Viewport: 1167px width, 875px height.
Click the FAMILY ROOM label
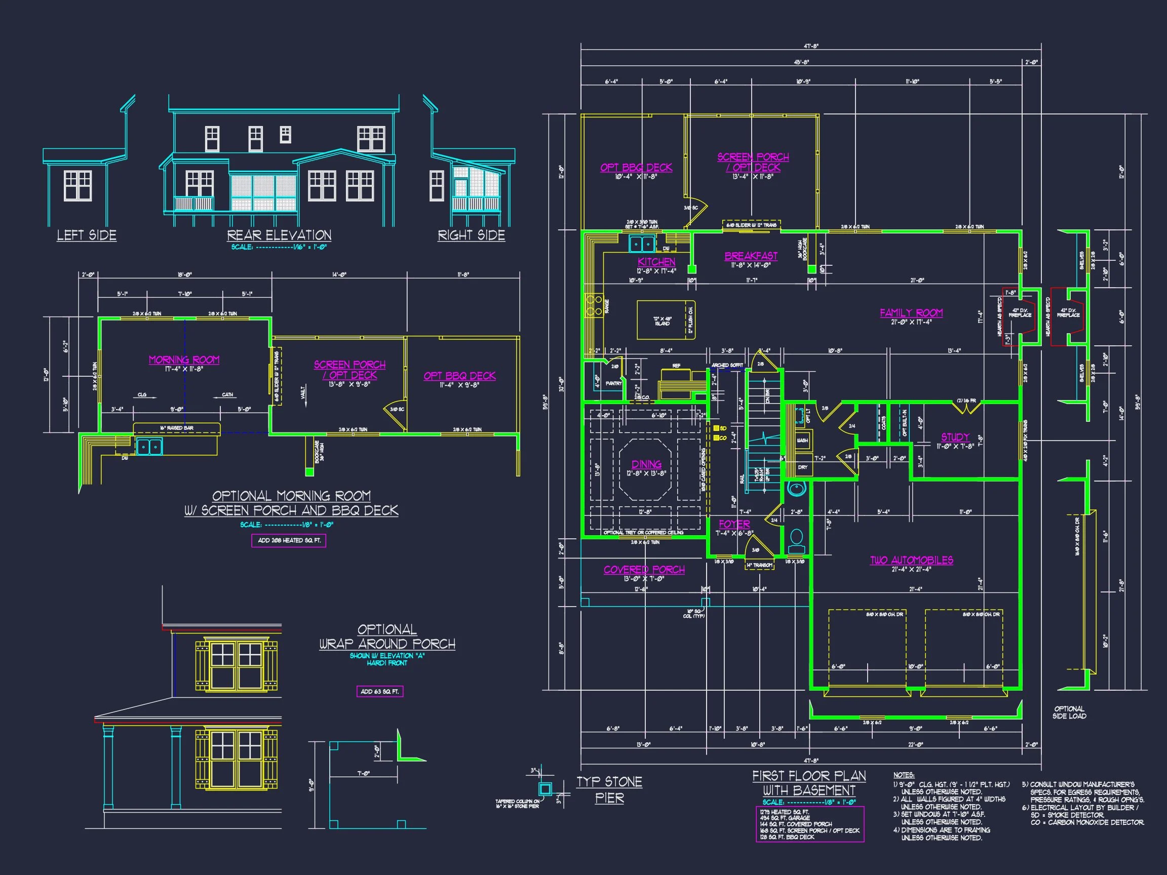pos(911,313)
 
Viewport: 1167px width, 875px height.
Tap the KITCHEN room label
pos(656,262)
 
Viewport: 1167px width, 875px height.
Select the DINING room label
pos(646,464)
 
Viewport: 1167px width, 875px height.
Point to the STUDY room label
pos(955,437)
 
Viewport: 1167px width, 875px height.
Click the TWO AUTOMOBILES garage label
pos(911,560)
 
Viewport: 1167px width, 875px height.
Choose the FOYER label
pos(734,524)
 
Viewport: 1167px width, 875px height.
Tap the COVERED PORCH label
pos(644,570)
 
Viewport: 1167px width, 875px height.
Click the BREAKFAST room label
pos(751,256)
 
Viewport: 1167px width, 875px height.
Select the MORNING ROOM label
pos(184,360)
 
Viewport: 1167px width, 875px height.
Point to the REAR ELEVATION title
pos(279,235)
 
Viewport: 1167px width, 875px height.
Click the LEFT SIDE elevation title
pos(87,235)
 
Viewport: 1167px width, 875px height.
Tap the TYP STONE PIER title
pos(609,789)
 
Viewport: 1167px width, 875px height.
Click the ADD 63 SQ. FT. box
pos(380,692)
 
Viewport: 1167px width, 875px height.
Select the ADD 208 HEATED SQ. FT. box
pos(289,541)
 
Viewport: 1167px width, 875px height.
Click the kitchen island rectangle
pos(665,320)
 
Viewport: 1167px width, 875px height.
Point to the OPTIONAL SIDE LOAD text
pos(1069,712)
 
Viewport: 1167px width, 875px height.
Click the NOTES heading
pos(904,775)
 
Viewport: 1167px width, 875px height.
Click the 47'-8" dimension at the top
pos(811,47)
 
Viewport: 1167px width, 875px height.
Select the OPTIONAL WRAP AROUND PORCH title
pos(387,637)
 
